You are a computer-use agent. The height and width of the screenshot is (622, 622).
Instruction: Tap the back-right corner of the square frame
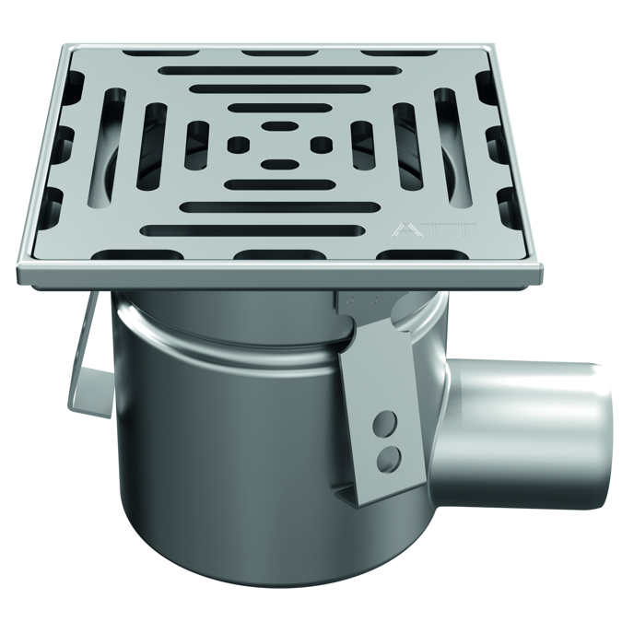pos(486,46)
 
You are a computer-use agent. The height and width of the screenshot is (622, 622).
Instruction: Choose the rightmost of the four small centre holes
pos(321,144)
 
